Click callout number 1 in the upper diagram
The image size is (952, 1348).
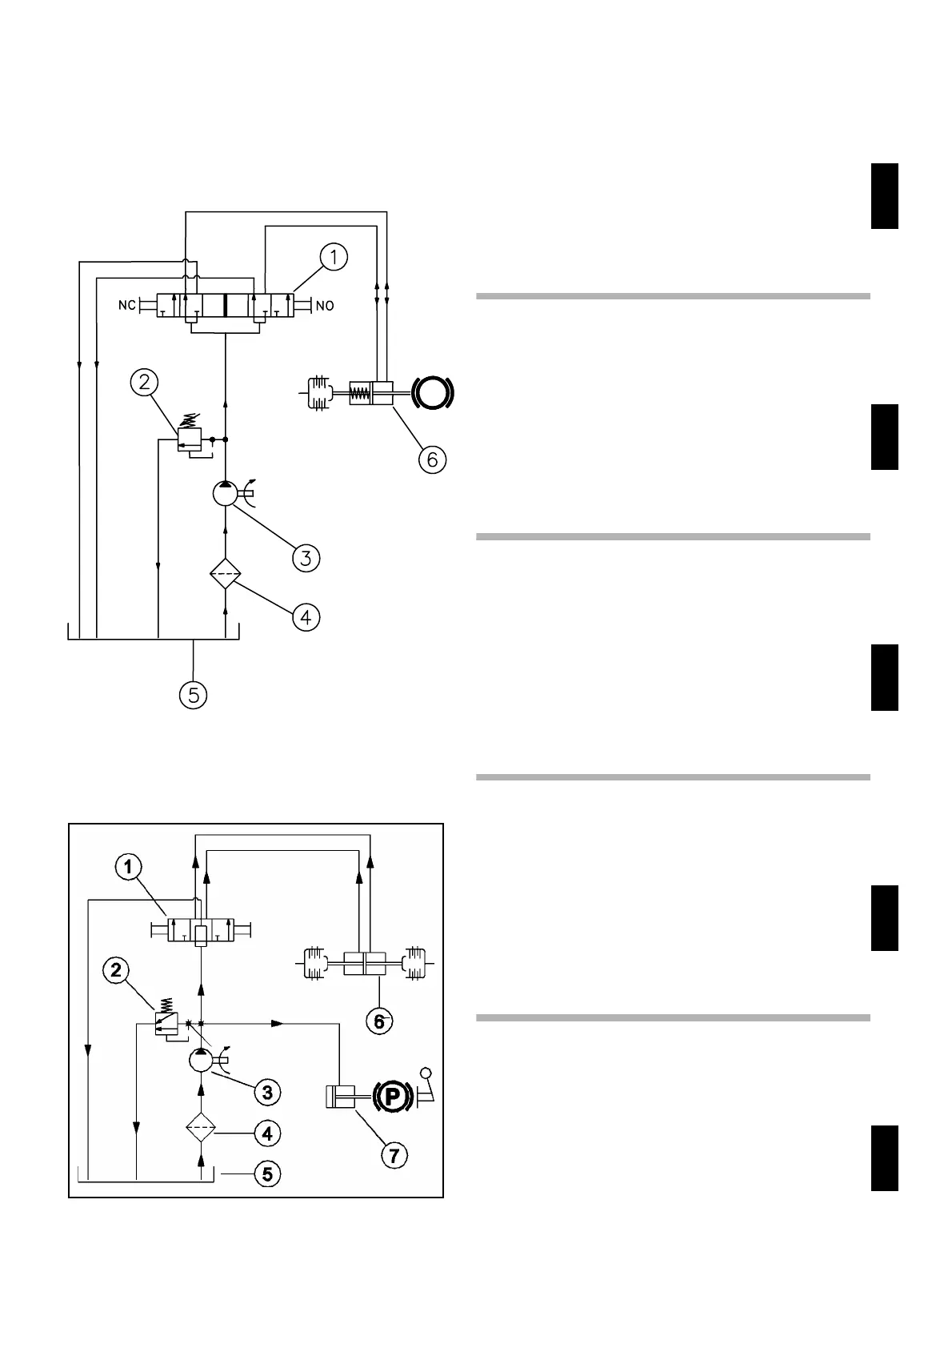[x=334, y=258]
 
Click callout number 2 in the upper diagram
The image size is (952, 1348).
[x=144, y=383]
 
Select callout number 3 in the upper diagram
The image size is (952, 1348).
[x=306, y=557]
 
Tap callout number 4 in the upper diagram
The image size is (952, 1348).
[x=306, y=617]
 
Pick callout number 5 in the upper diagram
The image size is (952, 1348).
[x=194, y=695]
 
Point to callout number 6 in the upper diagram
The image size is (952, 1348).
[x=431, y=459]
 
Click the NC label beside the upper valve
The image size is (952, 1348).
[x=126, y=306]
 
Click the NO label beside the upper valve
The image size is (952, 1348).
[x=325, y=306]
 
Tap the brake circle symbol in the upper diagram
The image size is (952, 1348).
[x=433, y=393]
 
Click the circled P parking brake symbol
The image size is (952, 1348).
[x=391, y=1096]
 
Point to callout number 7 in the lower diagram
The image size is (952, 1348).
[x=393, y=1155]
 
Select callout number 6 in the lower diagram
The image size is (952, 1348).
[x=379, y=1022]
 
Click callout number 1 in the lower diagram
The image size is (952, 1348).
[x=128, y=867]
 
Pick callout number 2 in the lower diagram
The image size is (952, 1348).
[x=116, y=971]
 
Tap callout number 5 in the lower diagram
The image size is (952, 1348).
[x=267, y=1174]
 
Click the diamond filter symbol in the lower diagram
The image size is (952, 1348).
[x=201, y=1130]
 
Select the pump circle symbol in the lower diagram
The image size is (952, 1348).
[x=201, y=1061]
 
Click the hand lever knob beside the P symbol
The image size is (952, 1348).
[x=426, y=1074]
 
